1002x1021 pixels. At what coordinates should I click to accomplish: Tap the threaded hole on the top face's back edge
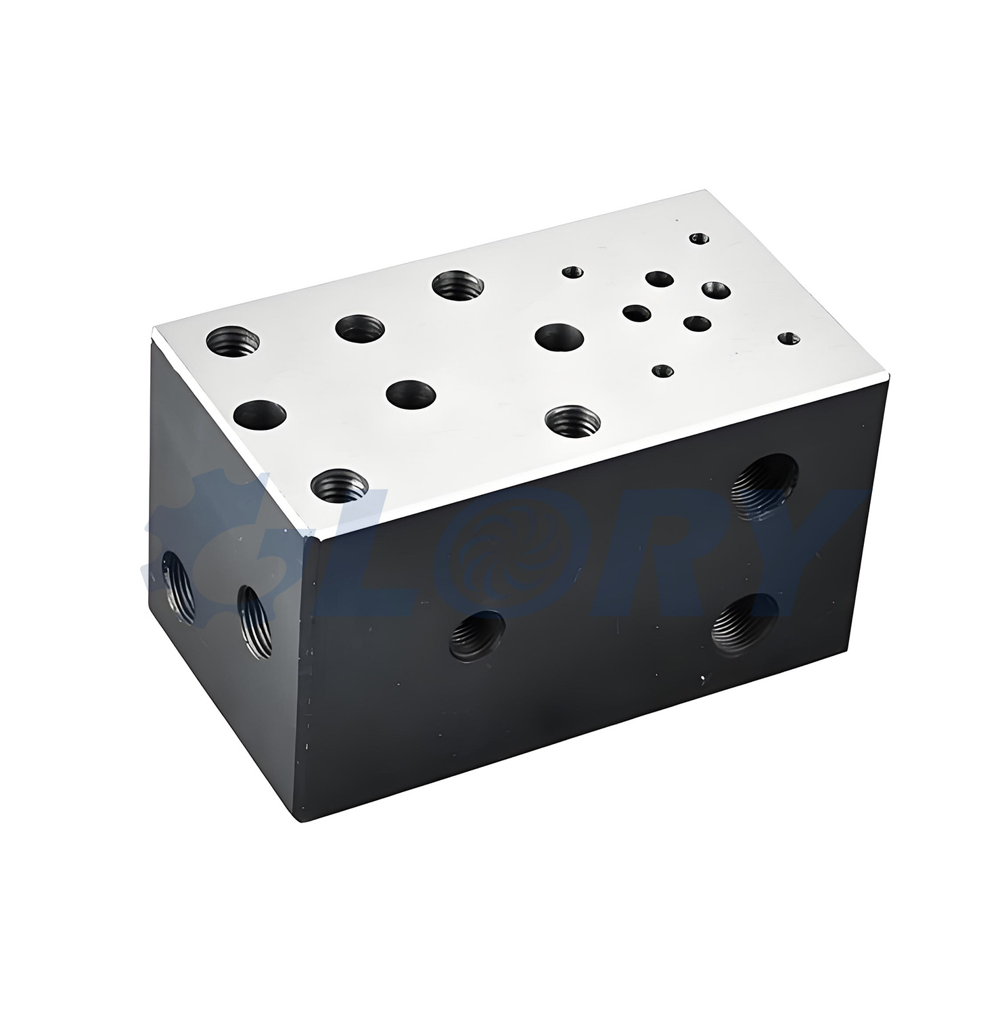[457, 284]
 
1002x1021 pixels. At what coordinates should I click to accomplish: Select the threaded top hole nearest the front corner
[340, 485]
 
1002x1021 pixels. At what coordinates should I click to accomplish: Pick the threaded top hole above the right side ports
[572, 421]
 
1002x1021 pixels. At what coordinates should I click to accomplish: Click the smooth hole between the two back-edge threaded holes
[360, 328]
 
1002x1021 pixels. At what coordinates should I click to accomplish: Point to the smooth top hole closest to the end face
[260, 414]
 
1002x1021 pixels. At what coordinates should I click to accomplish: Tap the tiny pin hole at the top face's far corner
[700, 238]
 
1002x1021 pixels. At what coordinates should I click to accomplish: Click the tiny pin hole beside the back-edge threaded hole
[572, 272]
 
